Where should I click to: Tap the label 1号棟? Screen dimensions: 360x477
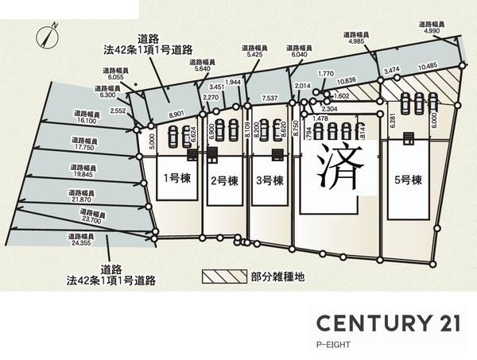click(176, 178)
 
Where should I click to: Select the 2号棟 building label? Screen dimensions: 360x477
click(223, 180)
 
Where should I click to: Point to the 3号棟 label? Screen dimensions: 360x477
click(270, 180)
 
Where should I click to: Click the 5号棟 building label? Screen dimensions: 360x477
click(409, 180)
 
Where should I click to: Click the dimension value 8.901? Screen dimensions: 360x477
click(176, 114)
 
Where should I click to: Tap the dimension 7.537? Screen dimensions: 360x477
click(269, 99)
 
